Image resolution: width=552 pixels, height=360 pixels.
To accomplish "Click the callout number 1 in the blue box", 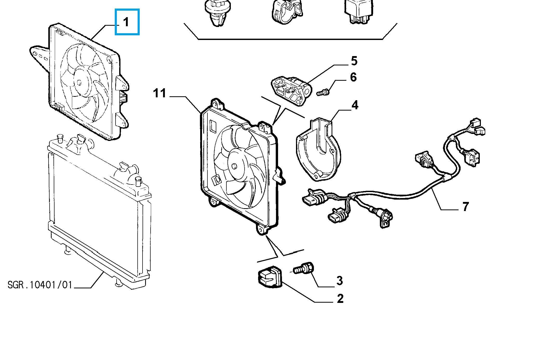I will pyautogui.click(x=126, y=22).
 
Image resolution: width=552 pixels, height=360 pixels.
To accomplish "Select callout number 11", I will pyautogui.click(x=159, y=93).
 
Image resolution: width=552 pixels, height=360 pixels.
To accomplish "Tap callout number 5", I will pyautogui.click(x=354, y=61).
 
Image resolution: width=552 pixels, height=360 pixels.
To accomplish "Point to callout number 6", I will pyautogui.click(x=353, y=77).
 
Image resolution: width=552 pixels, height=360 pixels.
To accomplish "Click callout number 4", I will pyautogui.click(x=355, y=105).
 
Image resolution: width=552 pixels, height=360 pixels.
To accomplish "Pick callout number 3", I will pyautogui.click(x=339, y=281).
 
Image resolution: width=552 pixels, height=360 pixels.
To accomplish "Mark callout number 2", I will pyautogui.click(x=340, y=298).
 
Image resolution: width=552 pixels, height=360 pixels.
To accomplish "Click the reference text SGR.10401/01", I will pyautogui.click(x=39, y=285).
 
